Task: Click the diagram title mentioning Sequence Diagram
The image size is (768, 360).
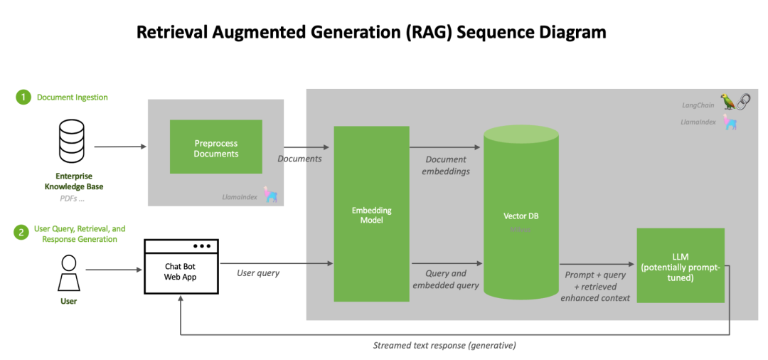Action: tap(371, 32)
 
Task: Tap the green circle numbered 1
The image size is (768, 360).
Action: tap(23, 97)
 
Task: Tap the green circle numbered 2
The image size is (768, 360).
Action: tap(23, 233)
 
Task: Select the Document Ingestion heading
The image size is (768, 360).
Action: tap(73, 97)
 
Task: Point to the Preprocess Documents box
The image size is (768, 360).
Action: tap(216, 147)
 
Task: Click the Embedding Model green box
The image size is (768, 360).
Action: tap(371, 214)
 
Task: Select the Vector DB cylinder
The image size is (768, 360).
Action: tap(521, 214)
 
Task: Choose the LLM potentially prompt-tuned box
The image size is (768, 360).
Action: tap(680, 265)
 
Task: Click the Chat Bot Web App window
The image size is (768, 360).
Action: tap(180, 267)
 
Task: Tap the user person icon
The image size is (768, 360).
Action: tap(68, 273)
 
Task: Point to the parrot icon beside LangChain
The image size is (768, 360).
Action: tap(727, 102)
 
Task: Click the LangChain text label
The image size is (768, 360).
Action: tap(698, 105)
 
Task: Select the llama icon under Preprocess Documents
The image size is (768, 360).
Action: tap(270, 194)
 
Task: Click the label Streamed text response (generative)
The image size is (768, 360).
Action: tap(444, 346)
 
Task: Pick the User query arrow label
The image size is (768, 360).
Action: tap(258, 273)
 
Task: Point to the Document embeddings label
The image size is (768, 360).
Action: tap(446, 165)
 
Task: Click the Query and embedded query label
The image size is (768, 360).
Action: tap(446, 279)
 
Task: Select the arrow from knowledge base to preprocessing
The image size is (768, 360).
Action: tap(119, 147)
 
